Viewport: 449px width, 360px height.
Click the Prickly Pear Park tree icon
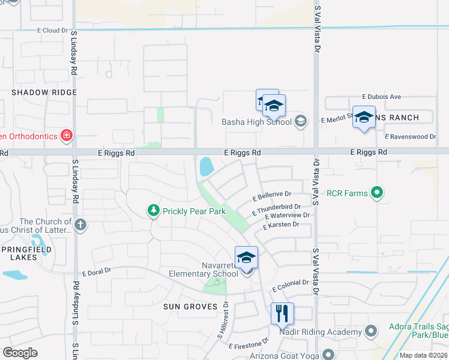pyautogui.click(x=154, y=211)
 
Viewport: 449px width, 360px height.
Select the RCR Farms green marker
pyautogui.click(x=376, y=193)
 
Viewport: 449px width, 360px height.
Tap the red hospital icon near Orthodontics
pyautogui.click(x=67, y=136)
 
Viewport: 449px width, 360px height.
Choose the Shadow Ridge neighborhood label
pyautogui.click(x=44, y=92)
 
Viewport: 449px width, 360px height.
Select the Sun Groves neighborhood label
pyautogui.click(x=190, y=307)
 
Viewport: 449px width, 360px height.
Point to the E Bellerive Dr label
pyautogui.click(x=272, y=195)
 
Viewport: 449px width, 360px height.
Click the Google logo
pyautogui.click(x=20, y=352)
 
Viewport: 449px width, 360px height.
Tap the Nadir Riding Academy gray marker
pyautogui.click(x=370, y=331)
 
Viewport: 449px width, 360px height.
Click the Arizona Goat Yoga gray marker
pyautogui.click(x=328, y=355)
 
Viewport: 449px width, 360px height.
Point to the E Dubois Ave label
pyautogui.click(x=381, y=97)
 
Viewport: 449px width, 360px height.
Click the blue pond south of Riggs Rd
pyautogui.click(x=205, y=166)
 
